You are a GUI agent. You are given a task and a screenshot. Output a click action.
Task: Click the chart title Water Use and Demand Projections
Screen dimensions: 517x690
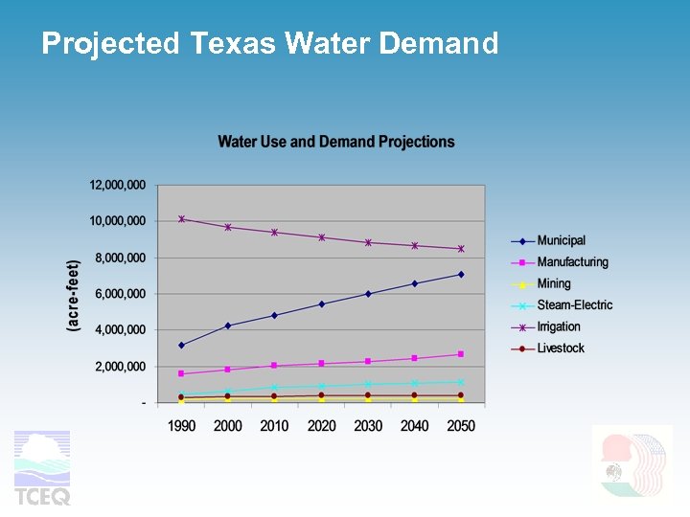[x=336, y=142]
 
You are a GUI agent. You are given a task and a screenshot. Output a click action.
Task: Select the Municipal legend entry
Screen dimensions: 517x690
[x=561, y=240]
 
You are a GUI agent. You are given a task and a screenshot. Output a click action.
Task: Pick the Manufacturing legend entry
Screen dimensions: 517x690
[x=572, y=262]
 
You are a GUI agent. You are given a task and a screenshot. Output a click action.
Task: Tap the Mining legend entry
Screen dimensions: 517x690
[x=553, y=283]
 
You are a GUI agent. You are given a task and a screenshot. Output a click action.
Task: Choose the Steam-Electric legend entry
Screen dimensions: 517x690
[x=574, y=305]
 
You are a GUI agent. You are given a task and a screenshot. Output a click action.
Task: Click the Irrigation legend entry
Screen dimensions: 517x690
[x=560, y=326]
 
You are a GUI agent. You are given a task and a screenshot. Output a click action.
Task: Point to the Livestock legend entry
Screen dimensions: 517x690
[x=561, y=348]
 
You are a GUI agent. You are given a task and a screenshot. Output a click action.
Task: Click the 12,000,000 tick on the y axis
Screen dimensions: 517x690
[x=118, y=185]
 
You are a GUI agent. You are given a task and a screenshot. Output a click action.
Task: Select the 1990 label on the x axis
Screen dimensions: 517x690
[x=182, y=425]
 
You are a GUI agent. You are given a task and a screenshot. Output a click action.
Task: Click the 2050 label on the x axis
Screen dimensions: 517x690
[x=461, y=425]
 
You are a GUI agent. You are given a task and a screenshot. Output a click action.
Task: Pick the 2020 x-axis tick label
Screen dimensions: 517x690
[x=321, y=425]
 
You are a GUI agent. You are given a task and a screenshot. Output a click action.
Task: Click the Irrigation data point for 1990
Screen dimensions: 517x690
[x=181, y=219]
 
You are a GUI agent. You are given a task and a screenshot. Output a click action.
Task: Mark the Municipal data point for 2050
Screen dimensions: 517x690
[x=461, y=275]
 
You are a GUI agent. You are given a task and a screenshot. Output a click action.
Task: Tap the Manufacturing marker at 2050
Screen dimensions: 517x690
[x=461, y=354]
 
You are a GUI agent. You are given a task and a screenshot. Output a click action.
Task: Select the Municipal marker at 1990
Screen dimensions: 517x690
[x=181, y=345]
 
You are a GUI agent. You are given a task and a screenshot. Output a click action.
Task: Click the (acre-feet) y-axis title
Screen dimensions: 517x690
[x=74, y=295]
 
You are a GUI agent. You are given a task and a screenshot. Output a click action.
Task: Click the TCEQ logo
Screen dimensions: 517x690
[x=42, y=467]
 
